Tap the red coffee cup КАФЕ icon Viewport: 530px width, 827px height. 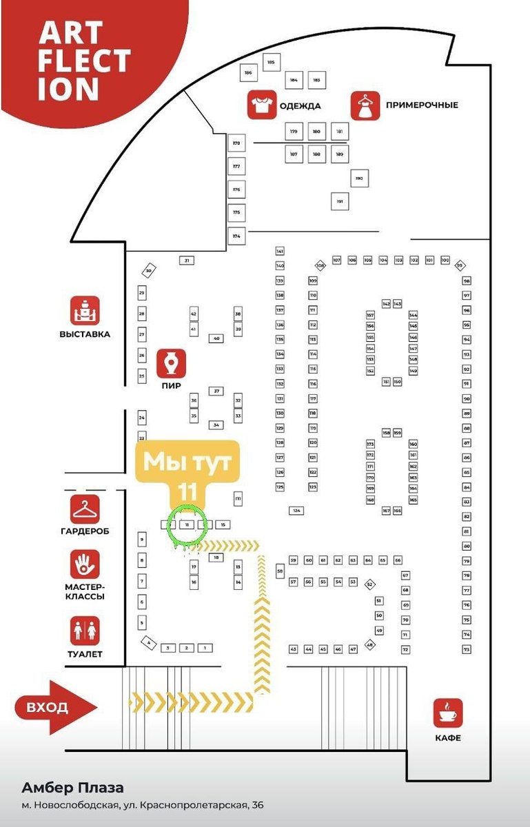(448, 713)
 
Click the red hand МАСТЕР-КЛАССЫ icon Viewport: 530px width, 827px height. (85, 564)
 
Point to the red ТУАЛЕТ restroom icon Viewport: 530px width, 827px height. (85, 630)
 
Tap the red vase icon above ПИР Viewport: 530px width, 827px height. (171, 362)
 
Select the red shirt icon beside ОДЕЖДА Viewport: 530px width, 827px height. (262, 105)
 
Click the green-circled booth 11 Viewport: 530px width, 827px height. (187, 524)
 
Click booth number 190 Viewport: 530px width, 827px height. (359, 178)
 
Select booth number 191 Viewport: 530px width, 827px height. (339, 201)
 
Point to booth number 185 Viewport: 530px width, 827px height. (270, 63)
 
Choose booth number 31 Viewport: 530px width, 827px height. (186, 260)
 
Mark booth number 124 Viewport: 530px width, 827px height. (296, 511)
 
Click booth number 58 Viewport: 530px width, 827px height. (280, 571)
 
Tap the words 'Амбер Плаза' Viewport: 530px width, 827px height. (72, 788)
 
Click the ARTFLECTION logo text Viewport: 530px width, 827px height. (83, 61)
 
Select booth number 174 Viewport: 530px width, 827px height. (236, 236)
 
